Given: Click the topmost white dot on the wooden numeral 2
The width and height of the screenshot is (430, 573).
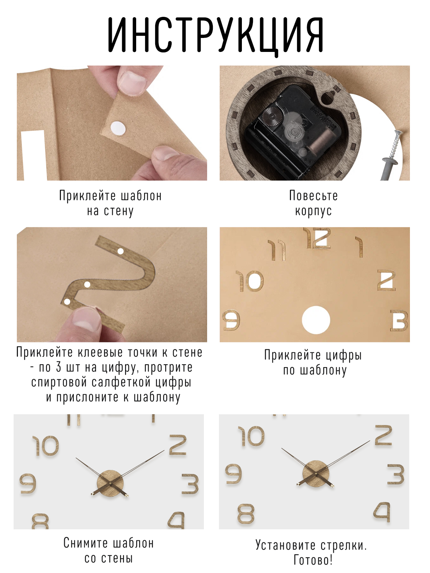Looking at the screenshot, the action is [120, 251].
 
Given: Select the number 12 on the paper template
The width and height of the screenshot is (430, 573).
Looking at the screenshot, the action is [317, 237].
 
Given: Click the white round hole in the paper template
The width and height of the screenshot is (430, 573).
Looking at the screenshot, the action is [316, 320].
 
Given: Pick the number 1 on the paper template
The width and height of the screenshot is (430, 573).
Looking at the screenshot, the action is [359, 247].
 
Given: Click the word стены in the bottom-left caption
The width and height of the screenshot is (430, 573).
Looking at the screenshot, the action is [117, 558].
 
